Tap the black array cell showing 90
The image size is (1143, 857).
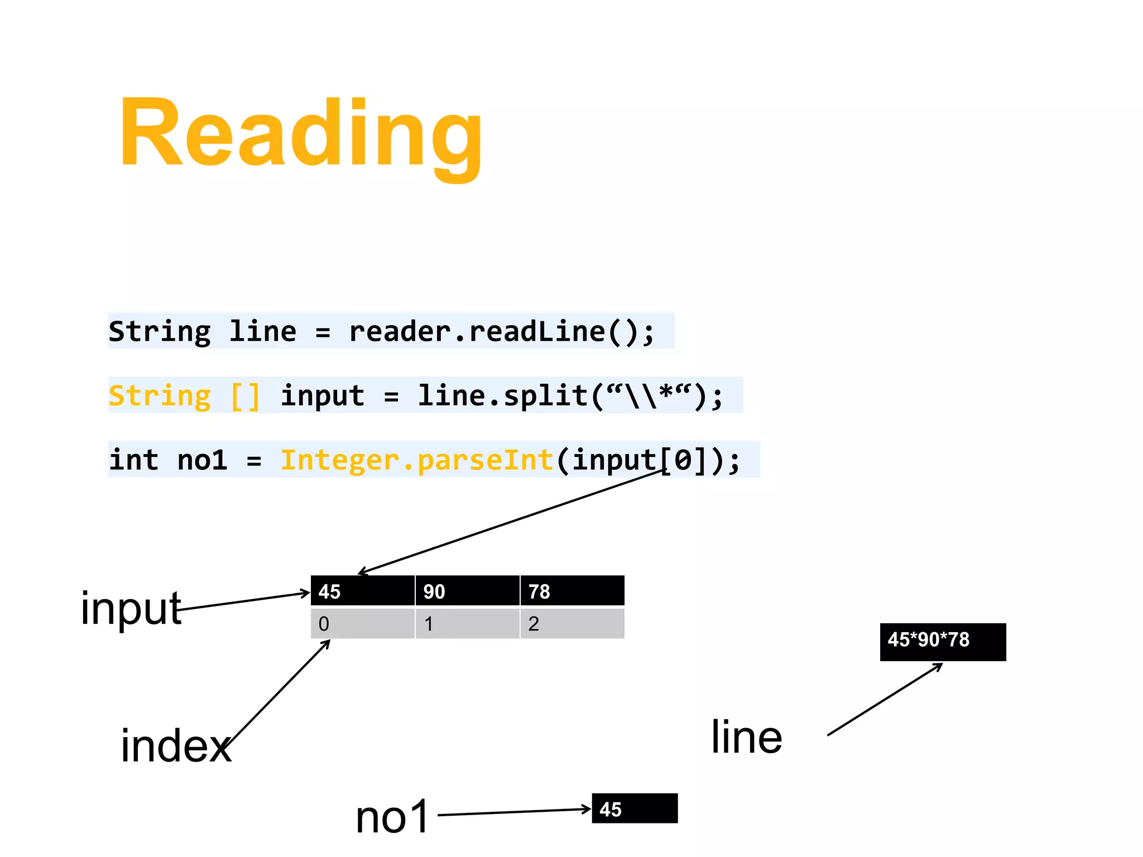point(467,591)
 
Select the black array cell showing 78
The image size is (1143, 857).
point(572,591)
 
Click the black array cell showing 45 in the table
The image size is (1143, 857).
point(363,591)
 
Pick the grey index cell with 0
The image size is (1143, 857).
point(363,623)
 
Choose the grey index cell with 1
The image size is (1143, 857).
point(467,623)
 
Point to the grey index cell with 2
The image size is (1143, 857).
point(572,623)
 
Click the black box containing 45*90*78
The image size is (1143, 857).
point(943,642)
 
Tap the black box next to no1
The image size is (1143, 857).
point(635,808)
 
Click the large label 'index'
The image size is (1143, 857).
point(175,747)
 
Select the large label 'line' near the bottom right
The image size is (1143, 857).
point(746,737)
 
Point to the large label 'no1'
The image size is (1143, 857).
point(392,817)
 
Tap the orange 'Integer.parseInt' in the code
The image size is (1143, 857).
point(416,460)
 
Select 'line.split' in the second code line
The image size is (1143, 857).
point(502,396)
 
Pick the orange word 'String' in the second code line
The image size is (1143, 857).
point(160,396)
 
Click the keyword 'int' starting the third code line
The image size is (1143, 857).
point(134,460)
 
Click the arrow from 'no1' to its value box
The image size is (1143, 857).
point(513,812)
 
